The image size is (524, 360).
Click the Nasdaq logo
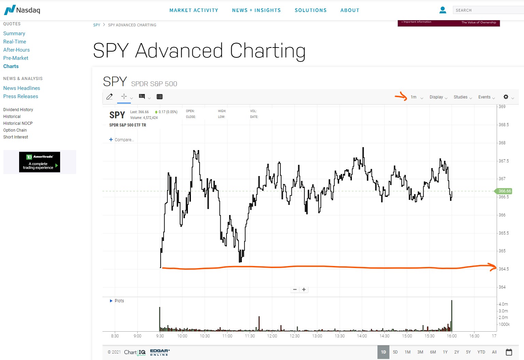coord(22,10)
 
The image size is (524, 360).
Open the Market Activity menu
coord(194,10)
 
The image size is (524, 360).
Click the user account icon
coord(443,10)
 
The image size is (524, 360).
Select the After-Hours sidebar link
coord(16,50)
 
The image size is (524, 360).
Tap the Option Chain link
coord(15,130)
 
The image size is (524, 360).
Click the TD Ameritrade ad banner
coord(40,162)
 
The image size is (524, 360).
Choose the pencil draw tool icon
coord(109,97)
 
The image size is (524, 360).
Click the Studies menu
coord(463,97)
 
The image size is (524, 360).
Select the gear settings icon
coord(506,97)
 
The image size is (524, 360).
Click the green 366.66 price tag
coord(503,191)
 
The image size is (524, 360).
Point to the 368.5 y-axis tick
coord(504,125)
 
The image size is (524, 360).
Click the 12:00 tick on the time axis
coord(272,336)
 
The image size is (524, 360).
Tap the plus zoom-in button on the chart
coord(304,290)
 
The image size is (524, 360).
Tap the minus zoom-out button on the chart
coord(295,290)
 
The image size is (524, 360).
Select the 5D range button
coord(395,352)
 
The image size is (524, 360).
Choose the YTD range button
coord(481,352)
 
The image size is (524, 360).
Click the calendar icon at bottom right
coord(509,352)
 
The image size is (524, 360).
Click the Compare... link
coord(122,140)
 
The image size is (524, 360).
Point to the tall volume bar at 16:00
coord(452,316)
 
